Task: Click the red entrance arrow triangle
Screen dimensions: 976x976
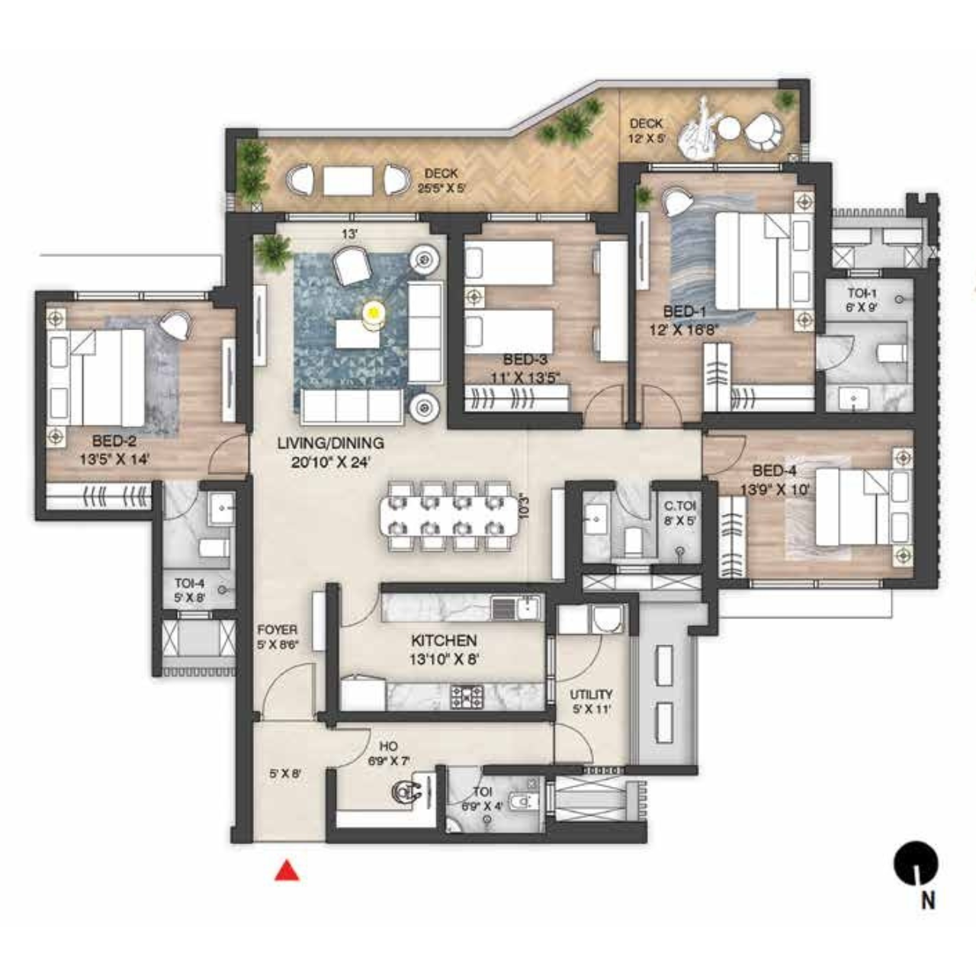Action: point(287,872)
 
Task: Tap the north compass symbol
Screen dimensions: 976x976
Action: point(915,864)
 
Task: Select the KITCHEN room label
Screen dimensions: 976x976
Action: point(444,640)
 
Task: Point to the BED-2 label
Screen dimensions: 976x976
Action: point(114,441)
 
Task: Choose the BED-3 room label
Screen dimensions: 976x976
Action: point(525,359)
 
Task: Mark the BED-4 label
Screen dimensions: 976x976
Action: point(774,471)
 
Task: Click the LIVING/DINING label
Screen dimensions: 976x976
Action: point(330,443)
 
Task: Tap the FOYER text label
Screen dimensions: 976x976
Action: point(277,630)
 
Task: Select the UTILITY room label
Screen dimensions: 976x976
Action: point(591,695)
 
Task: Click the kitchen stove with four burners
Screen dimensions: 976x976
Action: point(466,696)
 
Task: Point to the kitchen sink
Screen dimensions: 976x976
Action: point(527,608)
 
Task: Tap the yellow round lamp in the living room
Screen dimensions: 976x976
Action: point(373,312)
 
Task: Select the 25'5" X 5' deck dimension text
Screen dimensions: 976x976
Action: point(441,188)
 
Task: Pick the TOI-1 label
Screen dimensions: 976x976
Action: point(862,294)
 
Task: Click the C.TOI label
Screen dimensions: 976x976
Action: point(680,506)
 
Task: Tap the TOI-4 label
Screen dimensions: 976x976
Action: point(189,583)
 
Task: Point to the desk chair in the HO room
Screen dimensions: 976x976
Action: point(403,792)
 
